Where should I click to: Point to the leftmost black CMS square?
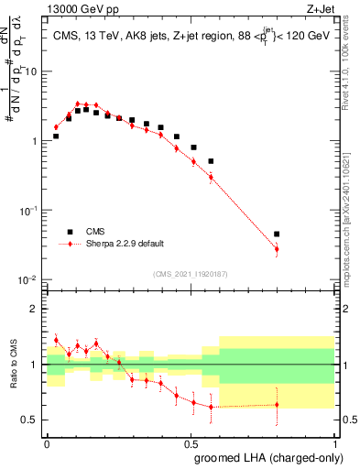click(56, 136)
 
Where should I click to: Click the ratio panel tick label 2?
click(35, 309)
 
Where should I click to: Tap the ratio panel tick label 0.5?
click(30, 420)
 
